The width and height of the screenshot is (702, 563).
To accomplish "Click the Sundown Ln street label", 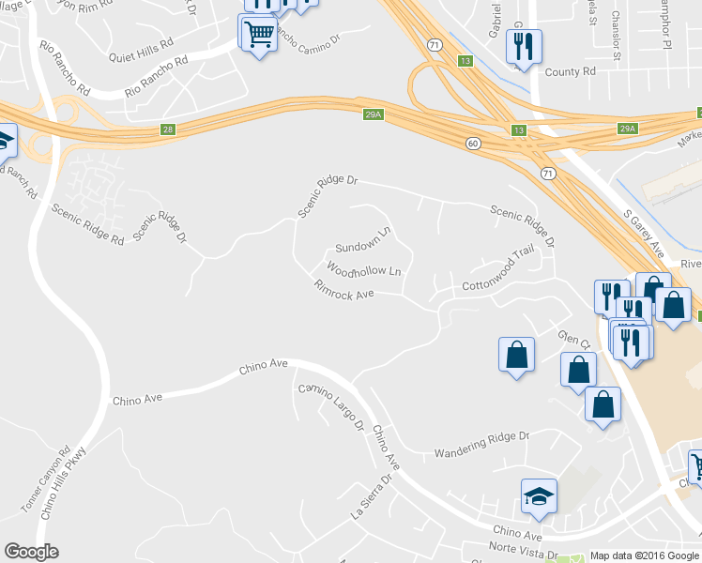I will pos(363,241).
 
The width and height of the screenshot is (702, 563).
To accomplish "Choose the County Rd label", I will pos(570,71).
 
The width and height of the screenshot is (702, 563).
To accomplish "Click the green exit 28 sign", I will pos(168,129).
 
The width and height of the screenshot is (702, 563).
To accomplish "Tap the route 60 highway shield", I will pos(473,142).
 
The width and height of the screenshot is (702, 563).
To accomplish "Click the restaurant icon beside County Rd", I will pos(524,46).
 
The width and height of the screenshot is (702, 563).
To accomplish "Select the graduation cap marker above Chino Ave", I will pos(540,496).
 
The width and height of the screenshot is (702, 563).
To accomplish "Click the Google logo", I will pos(31,552).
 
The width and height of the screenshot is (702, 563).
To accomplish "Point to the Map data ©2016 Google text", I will pos(645,555).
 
